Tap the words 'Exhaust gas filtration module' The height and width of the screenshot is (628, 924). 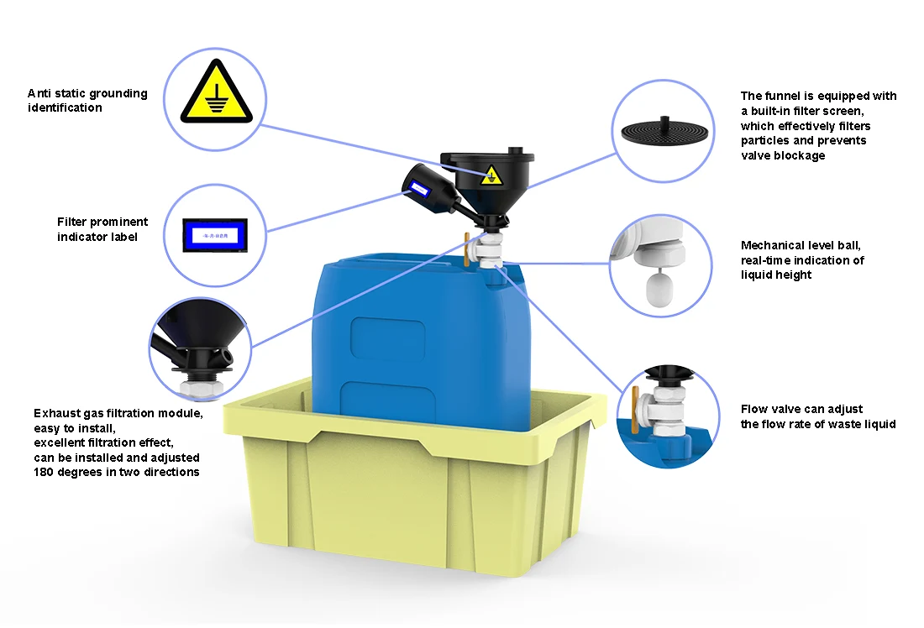pos(118,413)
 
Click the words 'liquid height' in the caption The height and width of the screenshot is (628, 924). pos(776,275)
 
